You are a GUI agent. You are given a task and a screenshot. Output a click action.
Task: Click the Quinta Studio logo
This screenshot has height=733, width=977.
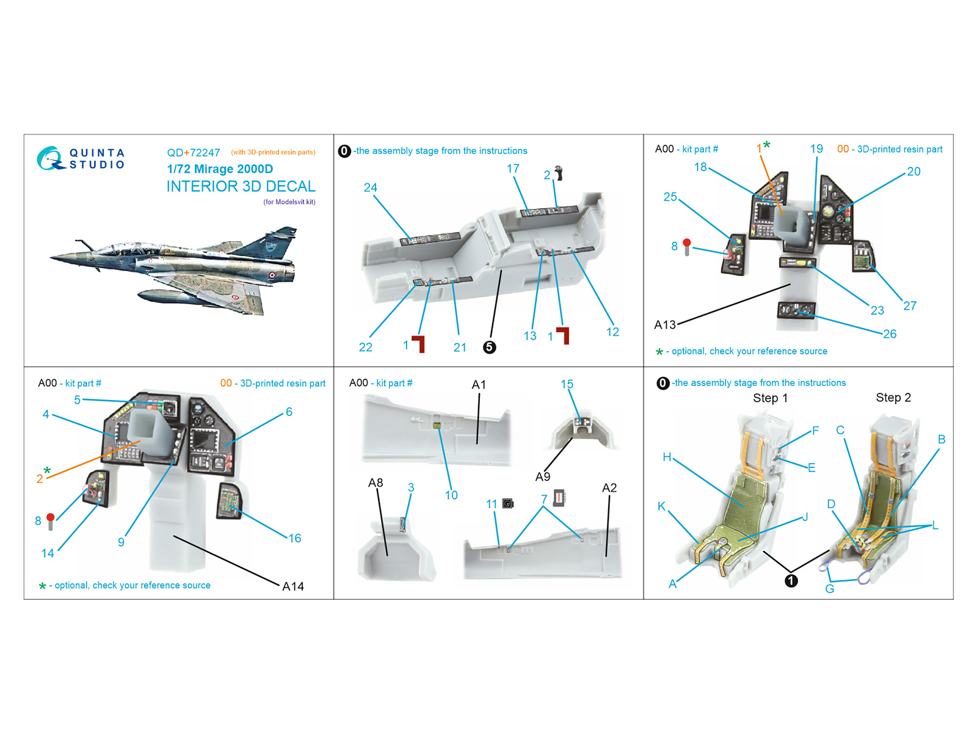coord(81,158)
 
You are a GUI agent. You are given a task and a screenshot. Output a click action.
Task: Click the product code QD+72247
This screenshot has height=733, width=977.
coord(193,153)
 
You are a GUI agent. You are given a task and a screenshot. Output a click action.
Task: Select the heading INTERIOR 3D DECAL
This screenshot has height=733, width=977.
coord(241,186)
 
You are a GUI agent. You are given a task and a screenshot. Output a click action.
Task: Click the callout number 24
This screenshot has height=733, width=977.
coord(370,188)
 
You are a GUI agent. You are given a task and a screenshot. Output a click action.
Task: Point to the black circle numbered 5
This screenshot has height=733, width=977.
coord(489,347)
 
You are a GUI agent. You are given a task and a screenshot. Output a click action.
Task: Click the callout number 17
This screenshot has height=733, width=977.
coord(513,168)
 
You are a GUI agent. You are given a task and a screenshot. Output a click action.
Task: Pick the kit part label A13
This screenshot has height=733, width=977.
coord(665,324)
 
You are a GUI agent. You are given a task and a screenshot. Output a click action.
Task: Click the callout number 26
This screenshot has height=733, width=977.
coord(890,334)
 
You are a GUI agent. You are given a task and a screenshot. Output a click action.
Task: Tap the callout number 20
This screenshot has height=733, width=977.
coord(913,172)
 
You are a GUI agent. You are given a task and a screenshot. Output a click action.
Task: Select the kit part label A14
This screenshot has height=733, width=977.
coord(293,586)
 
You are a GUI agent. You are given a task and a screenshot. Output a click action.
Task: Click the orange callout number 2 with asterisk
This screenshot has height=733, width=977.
coord(40,478)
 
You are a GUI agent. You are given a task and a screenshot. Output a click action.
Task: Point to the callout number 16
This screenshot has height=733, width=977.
coord(295,538)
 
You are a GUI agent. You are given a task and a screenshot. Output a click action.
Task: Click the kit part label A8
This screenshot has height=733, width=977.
coord(376,483)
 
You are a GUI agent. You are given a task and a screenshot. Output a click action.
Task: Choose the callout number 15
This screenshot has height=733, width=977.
coord(567,384)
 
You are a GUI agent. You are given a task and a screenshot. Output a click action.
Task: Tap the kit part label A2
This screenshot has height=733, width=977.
coord(609,487)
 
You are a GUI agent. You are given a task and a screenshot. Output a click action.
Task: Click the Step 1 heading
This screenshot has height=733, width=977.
coord(770,398)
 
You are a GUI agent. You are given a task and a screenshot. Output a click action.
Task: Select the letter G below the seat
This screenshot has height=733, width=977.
coord(829,589)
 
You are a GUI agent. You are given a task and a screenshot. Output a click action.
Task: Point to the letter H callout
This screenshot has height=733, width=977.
coord(667,457)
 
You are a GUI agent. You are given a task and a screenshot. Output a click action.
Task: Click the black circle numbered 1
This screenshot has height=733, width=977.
coord(791,581)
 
